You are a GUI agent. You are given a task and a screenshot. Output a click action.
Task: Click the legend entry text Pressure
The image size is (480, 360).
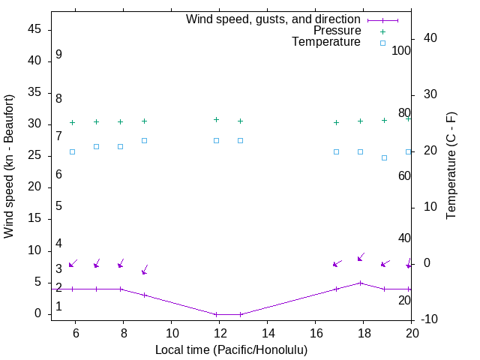pos(337,31)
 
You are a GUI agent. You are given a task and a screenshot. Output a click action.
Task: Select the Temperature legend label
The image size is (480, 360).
pos(326,42)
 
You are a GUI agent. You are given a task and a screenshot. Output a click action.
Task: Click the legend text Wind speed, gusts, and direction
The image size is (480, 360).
pos(273,19)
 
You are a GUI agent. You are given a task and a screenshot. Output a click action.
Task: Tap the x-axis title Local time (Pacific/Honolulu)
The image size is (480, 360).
pos(231,349)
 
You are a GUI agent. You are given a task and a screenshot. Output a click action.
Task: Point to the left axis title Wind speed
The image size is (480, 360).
pos(9,166)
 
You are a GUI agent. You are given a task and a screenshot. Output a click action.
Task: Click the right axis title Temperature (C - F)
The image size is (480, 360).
pos(451,166)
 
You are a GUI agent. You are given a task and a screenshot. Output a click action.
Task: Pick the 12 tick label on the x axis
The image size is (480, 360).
pos(219,333)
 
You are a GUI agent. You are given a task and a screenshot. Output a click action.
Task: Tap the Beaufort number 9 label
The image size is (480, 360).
pos(58,55)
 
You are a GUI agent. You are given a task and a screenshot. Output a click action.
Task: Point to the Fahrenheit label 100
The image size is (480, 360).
pos(401,51)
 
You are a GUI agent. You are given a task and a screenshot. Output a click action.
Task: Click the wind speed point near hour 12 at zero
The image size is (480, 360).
pos(217,314)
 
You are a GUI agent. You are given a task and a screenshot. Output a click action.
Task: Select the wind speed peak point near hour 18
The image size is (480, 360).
pos(361,283)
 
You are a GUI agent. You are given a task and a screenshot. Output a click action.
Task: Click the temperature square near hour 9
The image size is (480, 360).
pos(145,140)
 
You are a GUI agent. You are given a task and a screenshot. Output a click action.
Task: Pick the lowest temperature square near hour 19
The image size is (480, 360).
pos(385,157)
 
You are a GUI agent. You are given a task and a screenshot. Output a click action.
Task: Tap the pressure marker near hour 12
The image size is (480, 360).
pos(217,119)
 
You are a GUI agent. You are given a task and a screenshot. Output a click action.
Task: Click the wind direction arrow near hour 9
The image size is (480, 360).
pos(145,269)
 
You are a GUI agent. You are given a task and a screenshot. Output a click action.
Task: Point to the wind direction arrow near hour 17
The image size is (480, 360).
pos(337,263)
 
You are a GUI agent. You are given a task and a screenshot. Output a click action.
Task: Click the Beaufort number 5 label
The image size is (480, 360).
pos(58,206)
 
